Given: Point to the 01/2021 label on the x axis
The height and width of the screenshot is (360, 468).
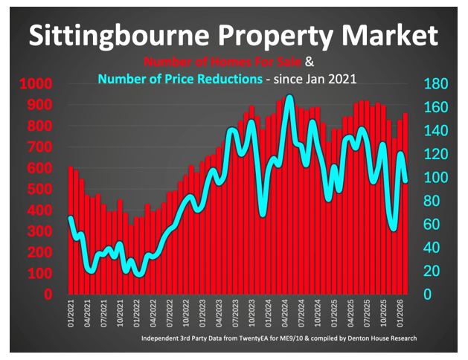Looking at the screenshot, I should click(x=71, y=315).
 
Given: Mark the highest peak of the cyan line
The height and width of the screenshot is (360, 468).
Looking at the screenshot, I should click(x=289, y=97).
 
